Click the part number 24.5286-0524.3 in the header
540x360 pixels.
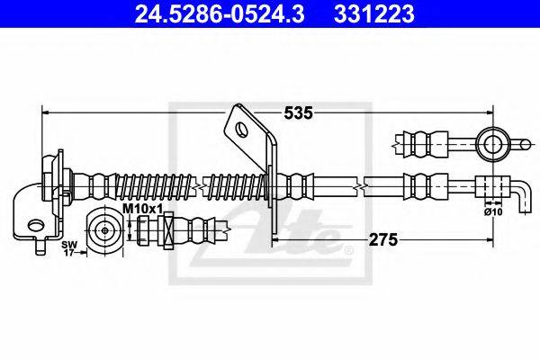pyautogui.click(x=202, y=15)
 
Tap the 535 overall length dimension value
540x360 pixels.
pyautogui.click(x=298, y=112)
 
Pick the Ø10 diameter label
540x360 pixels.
pyautogui.click(x=491, y=212)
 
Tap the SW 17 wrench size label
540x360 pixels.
pyautogui.click(x=68, y=248)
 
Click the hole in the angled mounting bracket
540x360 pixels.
pyautogui.click(x=242, y=129)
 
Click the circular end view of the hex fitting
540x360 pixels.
pyautogui.click(x=106, y=231)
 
